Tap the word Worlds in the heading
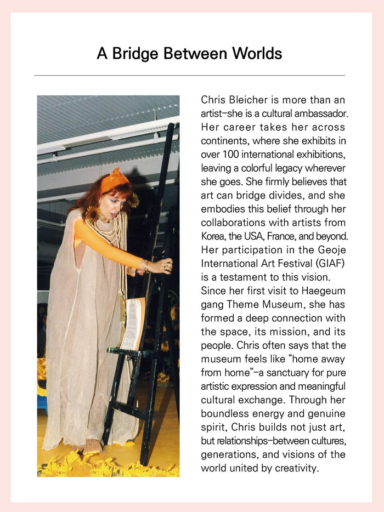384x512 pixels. (256, 54)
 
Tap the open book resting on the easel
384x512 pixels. (133, 323)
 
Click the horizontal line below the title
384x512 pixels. (189, 75)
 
